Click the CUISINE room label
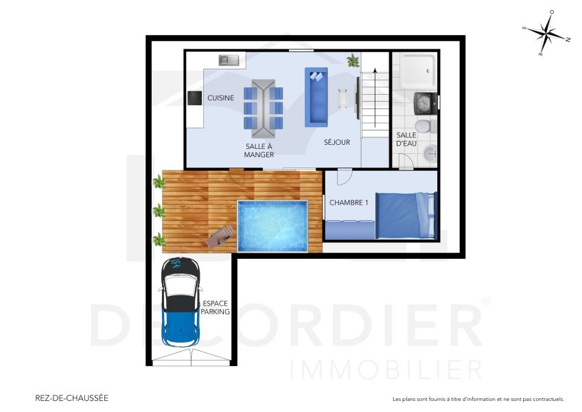tap(220, 98)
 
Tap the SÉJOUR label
tap(337, 143)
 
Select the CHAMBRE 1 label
tap(349, 203)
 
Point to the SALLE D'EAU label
tap(406, 139)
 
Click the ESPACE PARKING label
tap(216, 307)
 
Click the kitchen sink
tap(229, 60)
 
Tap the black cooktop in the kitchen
tap(194, 98)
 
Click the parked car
tap(180, 302)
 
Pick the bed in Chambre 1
tap(406, 216)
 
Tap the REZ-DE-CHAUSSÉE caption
tap(71, 398)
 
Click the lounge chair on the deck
tap(220, 237)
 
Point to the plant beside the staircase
tap(353, 60)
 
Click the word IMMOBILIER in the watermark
tap(386, 369)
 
